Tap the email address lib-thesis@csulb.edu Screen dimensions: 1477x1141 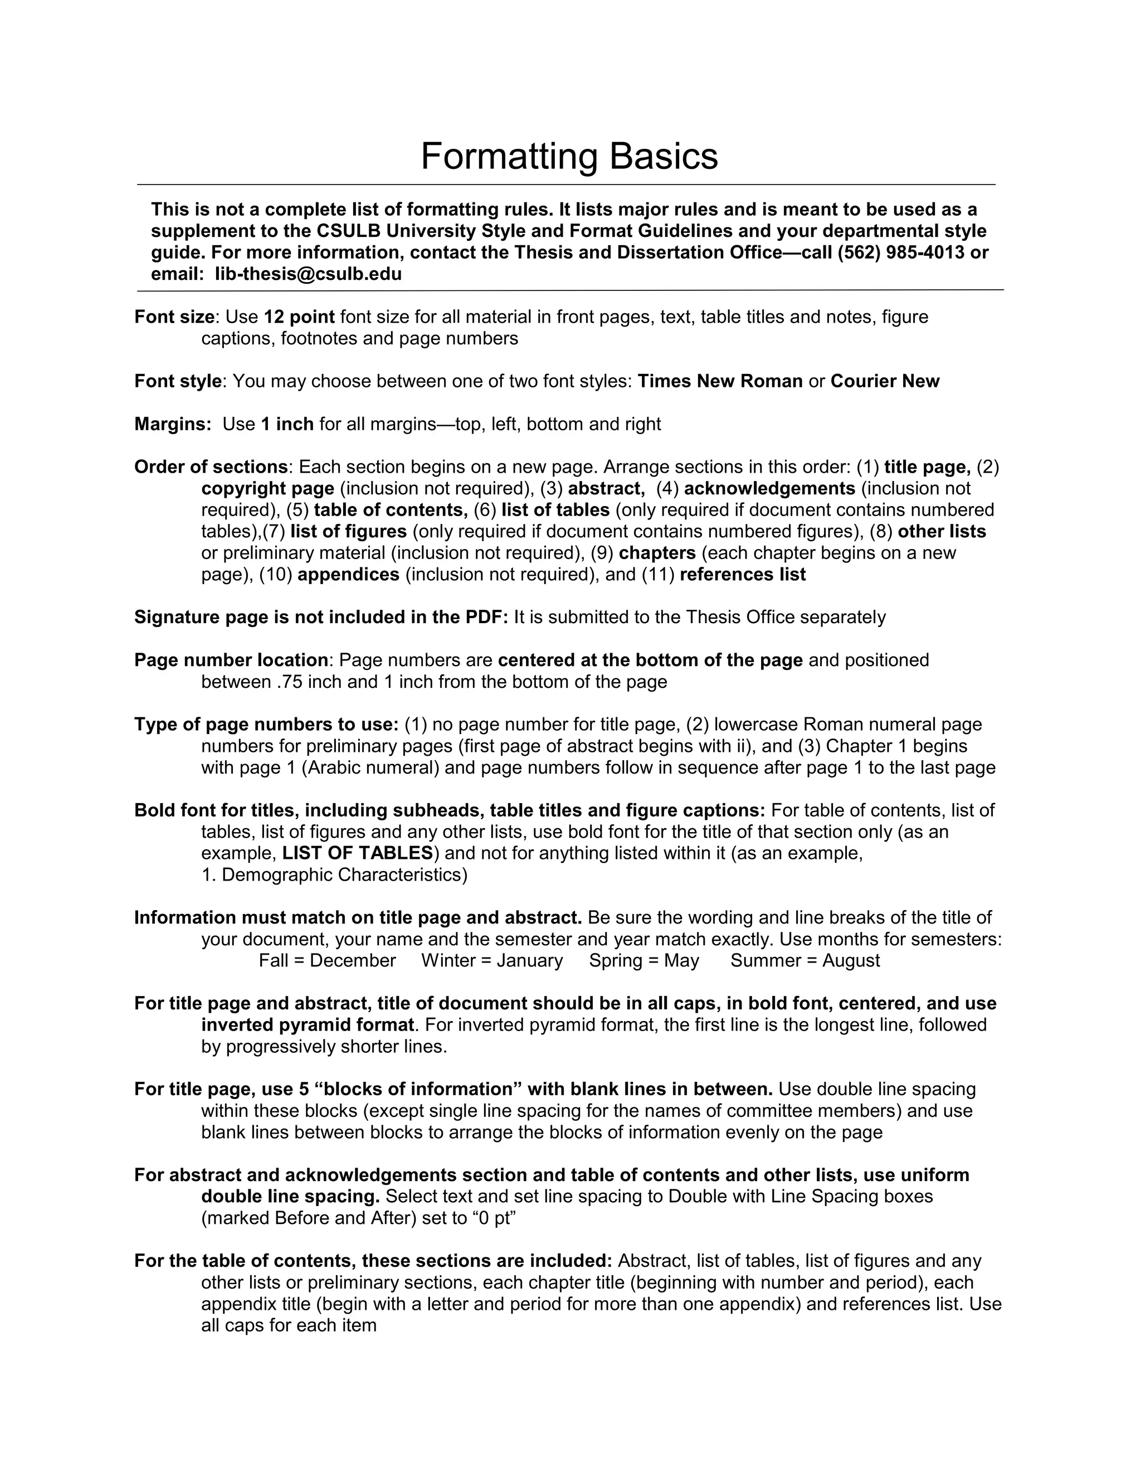[x=308, y=274]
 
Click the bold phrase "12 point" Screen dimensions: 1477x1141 [x=299, y=317]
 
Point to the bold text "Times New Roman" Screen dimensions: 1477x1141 [x=720, y=381]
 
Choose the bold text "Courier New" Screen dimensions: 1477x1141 [x=885, y=381]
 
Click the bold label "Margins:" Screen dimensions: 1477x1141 [x=173, y=424]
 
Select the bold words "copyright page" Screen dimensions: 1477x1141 [x=267, y=488]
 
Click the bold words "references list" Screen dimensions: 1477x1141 [x=742, y=574]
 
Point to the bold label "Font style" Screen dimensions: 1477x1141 [x=178, y=381]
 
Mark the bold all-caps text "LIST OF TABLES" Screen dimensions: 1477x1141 [x=357, y=853]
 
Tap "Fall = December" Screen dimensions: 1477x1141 [x=327, y=960]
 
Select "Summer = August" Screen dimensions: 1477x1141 [x=805, y=960]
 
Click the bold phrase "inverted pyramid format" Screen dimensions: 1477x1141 [x=308, y=1024]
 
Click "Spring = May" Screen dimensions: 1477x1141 [x=643, y=960]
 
